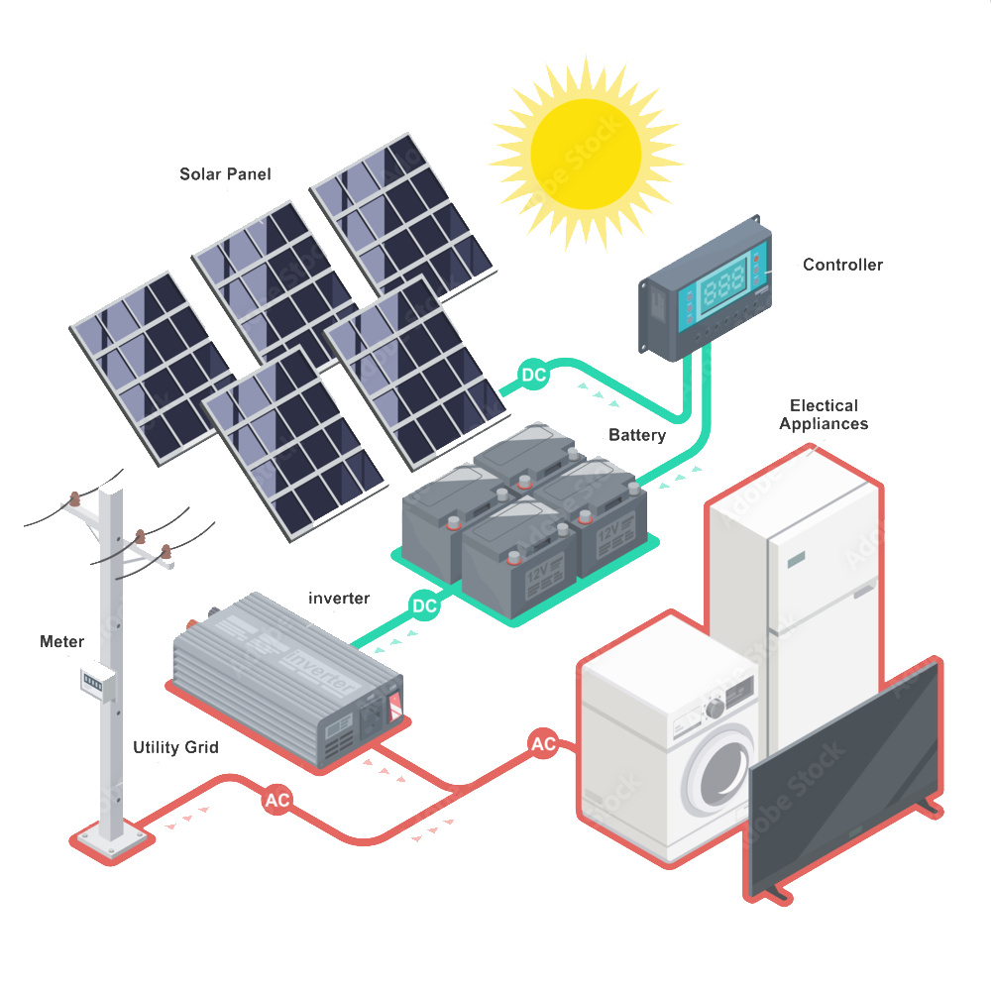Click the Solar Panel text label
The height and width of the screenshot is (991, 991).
225,174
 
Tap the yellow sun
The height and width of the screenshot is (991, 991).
584,150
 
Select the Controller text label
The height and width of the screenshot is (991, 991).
842,265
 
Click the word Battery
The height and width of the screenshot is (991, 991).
637,435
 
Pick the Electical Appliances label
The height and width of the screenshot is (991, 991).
823,414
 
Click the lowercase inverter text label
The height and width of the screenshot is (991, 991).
339,599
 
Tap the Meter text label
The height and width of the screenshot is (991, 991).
61,641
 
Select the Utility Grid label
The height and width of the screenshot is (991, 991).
176,747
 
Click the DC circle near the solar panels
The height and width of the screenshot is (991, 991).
534,376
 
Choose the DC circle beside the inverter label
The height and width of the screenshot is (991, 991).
424,605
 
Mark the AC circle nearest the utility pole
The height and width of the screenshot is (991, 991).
276,801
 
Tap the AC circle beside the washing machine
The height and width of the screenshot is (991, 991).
542,744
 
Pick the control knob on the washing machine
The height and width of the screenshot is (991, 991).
714,709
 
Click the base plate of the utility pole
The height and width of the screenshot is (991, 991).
111,837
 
